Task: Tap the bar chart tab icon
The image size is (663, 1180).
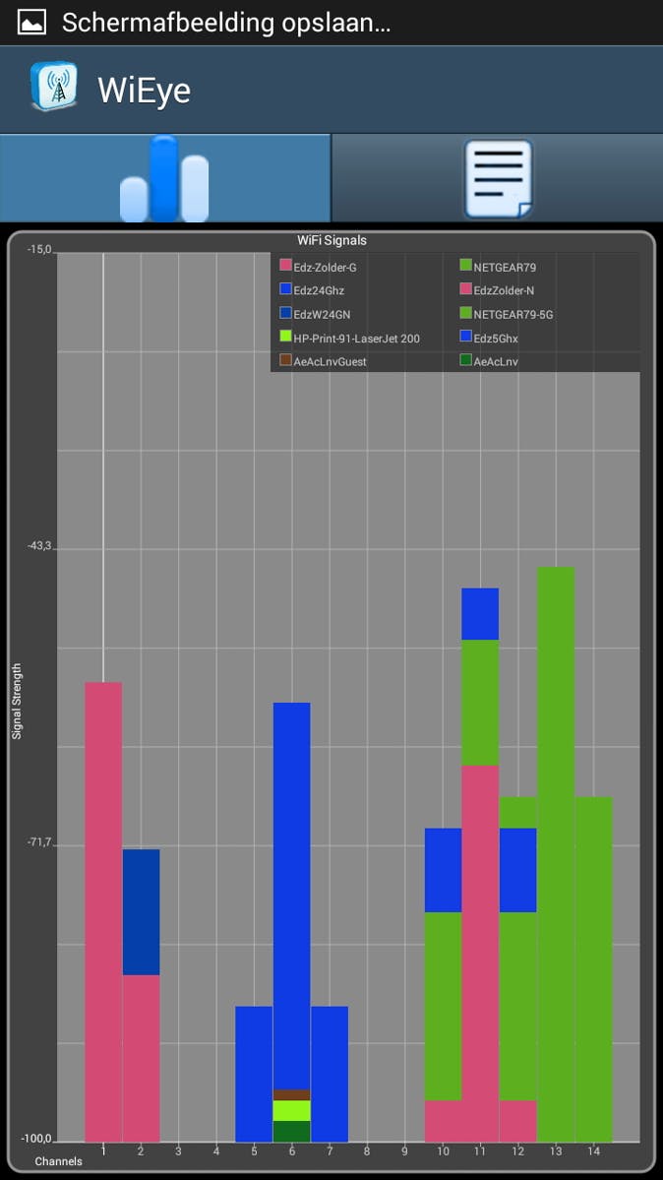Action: coord(164,178)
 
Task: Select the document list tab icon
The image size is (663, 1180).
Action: coord(498,178)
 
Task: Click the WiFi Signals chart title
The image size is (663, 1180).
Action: coord(331,240)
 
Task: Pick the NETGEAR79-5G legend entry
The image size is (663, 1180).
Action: coord(512,315)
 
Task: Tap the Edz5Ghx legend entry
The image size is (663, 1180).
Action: coord(495,339)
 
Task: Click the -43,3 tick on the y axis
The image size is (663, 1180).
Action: coord(39,546)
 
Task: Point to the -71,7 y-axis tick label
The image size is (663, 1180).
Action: coord(39,843)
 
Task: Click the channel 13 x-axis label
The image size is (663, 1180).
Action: coord(556,1150)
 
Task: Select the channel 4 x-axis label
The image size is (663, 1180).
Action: coord(216,1150)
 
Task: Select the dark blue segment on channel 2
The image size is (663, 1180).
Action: coord(141,911)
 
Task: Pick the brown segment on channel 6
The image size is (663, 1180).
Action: coord(291,1094)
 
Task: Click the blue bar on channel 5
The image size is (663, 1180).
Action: coord(254,1073)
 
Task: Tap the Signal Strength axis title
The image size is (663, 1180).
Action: coord(17,701)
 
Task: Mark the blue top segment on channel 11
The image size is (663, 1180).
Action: coord(480,614)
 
